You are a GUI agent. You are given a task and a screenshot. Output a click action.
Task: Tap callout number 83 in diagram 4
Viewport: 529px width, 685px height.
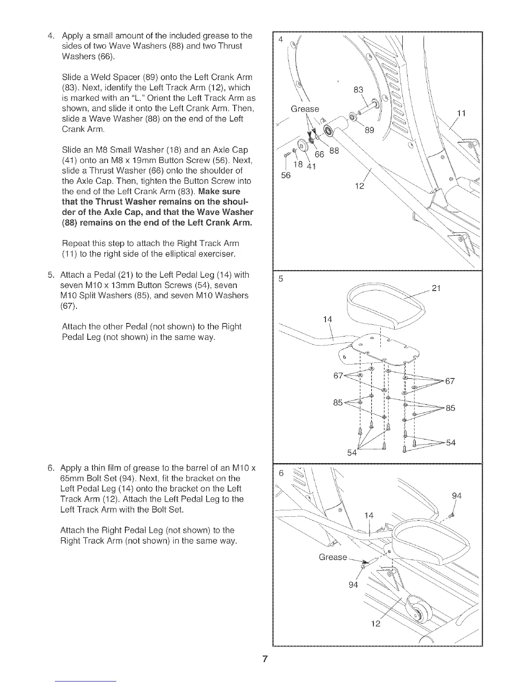[358, 90]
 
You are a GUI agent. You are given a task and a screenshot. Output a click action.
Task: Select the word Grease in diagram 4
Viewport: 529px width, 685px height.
[305, 109]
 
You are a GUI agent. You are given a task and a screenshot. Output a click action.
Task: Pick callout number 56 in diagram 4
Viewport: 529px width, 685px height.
[286, 175]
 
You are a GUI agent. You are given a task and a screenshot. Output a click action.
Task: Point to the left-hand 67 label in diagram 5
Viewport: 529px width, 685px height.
[338, 375]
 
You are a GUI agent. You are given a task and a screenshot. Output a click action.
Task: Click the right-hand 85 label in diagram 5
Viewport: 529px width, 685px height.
[450, 408]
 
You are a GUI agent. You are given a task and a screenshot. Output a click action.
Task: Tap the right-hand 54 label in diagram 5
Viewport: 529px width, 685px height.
[450, 442]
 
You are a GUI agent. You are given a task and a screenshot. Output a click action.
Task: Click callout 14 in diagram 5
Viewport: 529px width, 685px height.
[328, 319]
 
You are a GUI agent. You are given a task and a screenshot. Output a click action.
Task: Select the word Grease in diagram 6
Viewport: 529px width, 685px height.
[333, 557]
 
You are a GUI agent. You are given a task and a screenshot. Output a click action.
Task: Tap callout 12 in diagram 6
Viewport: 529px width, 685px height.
[376, 624]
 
